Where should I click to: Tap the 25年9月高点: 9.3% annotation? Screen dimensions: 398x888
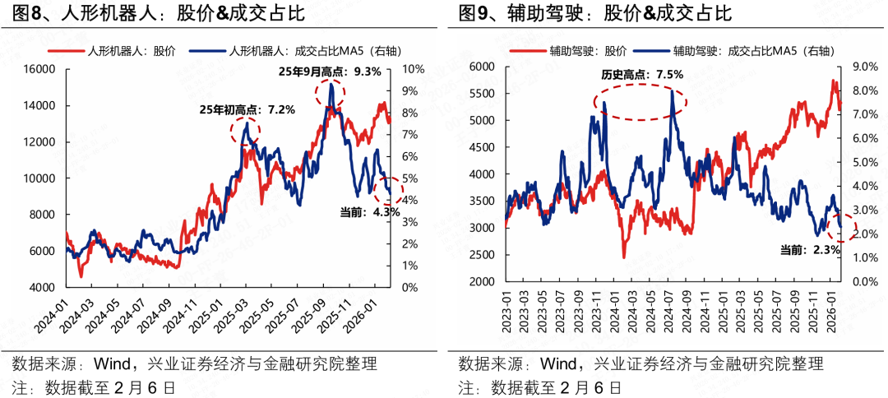click(x=329, y=72)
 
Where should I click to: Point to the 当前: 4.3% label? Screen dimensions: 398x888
click(x=370, y=211)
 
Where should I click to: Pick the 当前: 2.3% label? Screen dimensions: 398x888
click(x=809, y=249)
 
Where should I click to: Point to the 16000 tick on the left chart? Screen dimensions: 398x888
click(x=38, y=69)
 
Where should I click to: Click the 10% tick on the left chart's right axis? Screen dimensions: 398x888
click(x=413, y=69)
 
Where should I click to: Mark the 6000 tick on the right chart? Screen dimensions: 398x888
click(x=480, y=66)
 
